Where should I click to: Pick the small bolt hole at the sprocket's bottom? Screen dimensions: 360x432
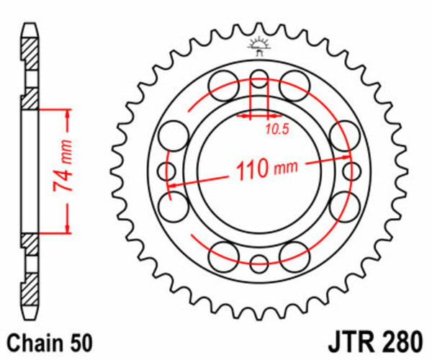[x=259, y=263]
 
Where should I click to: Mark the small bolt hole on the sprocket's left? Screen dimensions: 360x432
[x=167, y=171]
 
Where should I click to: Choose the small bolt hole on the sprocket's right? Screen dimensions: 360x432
[x=351, y=171]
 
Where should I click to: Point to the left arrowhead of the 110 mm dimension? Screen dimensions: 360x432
[x=173, y=186]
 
